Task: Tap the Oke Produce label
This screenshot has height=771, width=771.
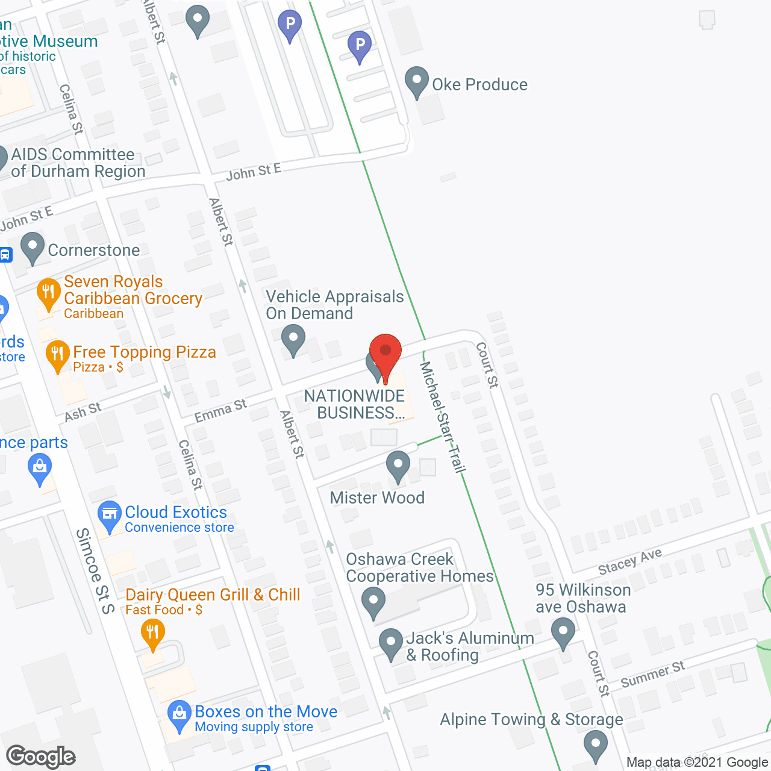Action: point(479,84)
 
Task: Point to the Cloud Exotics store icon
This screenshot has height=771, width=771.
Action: point(110,516)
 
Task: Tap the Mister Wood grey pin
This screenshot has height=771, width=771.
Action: point(398,467)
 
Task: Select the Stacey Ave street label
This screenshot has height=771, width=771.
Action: point(630,561)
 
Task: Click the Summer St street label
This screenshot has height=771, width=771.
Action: point(653,674)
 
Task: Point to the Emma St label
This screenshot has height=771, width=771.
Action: point(220,411)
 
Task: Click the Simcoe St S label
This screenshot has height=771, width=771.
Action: point(95,570)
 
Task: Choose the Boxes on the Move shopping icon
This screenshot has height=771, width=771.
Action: point(179,715)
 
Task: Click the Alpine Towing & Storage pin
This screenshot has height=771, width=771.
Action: point(596,746)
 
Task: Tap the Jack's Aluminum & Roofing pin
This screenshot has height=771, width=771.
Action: point(391,644)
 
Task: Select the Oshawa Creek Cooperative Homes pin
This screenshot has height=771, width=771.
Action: point(373,602)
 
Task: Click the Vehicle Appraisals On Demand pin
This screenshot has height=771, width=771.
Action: point(293,340)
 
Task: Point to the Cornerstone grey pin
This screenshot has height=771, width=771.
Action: point(33,248)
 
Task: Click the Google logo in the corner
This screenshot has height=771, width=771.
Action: point(41,757)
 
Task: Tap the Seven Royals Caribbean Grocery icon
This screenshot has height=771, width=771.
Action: point(48,293)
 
